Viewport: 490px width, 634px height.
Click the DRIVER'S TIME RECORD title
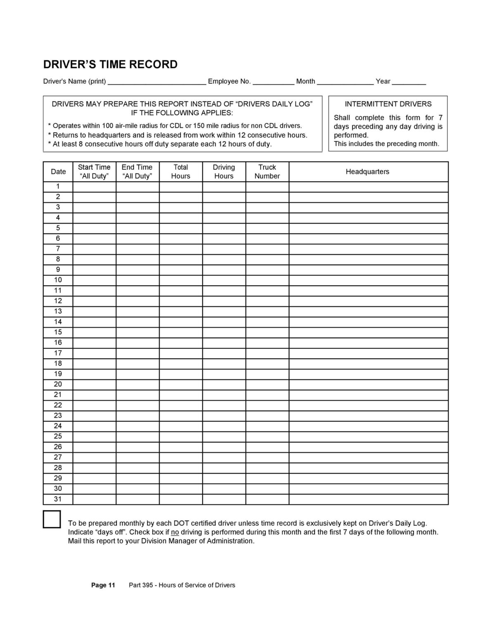pos(110,65)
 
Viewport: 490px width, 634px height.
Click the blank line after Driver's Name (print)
pos(157,82)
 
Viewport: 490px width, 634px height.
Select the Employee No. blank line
pos(273,82)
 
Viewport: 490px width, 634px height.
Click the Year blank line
pos(409,82)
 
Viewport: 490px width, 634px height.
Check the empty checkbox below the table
pos(52,519)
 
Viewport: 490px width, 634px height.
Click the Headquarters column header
pos(367,172)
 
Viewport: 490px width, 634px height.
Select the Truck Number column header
pos(267,172)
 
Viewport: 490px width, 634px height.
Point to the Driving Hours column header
pos(224,172)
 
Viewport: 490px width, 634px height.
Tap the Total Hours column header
pos(181,172)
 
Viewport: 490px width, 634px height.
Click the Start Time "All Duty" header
pos(94,172)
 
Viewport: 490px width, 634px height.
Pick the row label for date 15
pos(58,332)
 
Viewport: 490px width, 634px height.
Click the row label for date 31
pos(58,499)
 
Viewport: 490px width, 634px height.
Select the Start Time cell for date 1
pos(95,187)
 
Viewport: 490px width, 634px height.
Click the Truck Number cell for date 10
pos(267,280)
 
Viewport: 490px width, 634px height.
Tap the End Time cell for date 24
pos(137,426)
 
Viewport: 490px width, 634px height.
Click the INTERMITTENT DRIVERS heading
pos(388,104)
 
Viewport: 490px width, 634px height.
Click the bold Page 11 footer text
pos(103,585)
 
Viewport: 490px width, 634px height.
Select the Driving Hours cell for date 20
pos(224,384)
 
